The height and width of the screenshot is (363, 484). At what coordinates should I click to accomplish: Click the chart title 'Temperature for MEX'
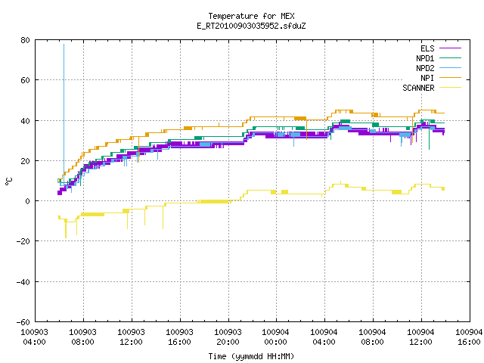(251, 16)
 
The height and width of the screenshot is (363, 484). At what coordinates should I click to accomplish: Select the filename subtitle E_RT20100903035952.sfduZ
(251, 26)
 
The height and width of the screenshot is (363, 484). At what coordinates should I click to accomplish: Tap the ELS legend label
(427, 48)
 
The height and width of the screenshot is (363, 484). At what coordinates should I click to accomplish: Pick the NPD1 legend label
(425, 58)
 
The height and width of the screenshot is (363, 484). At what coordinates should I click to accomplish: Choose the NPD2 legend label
(425, 68)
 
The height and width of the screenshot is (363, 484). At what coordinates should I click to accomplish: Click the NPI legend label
(427, 78)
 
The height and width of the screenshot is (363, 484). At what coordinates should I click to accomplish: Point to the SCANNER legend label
(418, 88)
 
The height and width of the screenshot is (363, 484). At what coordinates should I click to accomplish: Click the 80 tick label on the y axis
(25, 40)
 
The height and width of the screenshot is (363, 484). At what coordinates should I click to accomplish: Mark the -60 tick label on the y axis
(23, 322)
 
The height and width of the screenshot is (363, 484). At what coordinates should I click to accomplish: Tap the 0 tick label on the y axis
(28, 201)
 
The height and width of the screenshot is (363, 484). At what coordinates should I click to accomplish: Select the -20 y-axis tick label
(23, 241)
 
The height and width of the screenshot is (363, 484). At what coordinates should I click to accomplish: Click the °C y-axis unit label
(8, 181)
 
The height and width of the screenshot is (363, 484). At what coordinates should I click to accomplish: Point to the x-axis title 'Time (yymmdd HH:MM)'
(251, 356)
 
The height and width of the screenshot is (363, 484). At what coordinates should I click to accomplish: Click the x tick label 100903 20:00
(228, 337)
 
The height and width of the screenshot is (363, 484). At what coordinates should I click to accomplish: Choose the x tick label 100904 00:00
(275, 337)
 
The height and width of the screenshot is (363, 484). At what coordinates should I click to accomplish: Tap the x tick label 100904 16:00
(469, 337)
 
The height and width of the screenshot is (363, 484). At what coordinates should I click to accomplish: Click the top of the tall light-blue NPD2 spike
(64, 45)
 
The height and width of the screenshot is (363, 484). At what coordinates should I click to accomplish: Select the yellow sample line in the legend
(450, 88)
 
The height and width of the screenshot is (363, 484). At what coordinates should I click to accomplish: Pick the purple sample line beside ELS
(450, 48)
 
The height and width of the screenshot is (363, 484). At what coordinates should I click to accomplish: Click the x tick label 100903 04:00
(34, 337)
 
